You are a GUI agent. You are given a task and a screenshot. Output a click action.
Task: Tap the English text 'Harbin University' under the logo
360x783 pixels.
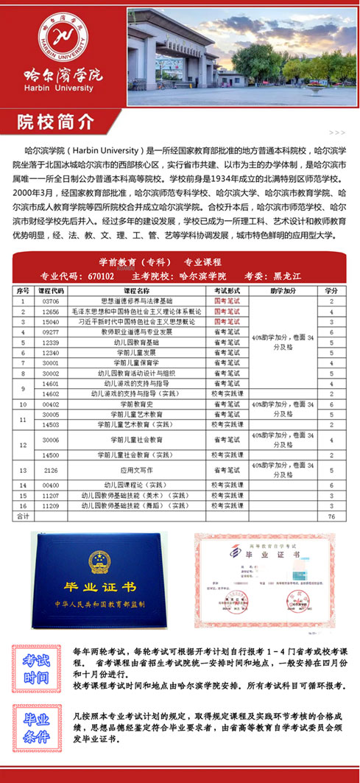(63, 88)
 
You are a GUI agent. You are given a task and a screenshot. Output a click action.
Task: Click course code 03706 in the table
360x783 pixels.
(51, 301)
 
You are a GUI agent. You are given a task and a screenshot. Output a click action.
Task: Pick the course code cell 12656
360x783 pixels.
(51, 312)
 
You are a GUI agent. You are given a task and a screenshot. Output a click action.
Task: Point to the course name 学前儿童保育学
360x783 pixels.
(134, 362)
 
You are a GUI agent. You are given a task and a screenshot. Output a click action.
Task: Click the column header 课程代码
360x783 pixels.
(51, 291)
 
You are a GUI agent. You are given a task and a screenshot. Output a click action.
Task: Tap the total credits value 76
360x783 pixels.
(332, 517)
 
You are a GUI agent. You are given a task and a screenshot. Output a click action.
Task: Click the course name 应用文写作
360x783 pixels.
(134, 470)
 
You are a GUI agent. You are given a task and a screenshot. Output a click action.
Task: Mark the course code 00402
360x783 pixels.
(51, 404)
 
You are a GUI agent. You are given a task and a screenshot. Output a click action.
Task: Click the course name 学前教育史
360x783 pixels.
(134, 404)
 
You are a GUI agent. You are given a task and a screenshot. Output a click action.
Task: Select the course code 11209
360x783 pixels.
(51, 507)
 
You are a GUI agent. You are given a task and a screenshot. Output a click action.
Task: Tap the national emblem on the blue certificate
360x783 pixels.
(99, 563)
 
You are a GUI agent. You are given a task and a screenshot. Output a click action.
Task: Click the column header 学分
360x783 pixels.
(332, 291)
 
